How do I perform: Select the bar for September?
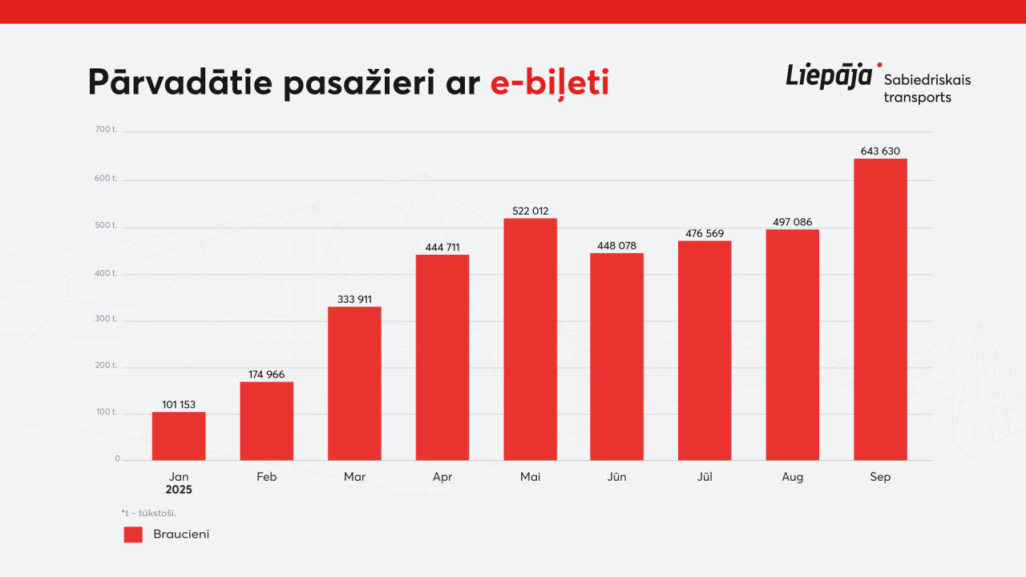[x=880, y=309]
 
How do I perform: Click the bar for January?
[x=179, y=436]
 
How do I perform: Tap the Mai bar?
[x=530, y=339]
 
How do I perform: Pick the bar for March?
[x=354, y=383]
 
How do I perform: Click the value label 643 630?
[x=880, y=151]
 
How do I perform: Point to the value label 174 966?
[x=267, y=374]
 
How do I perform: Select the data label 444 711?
[x=442, y=247]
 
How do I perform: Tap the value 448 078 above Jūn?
[x=616, y=245]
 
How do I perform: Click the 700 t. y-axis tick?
[x=106, y=129]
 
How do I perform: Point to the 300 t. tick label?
[x=106, y=318]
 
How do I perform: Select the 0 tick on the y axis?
[x=117, y=458]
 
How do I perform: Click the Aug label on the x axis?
[x=792, y=477]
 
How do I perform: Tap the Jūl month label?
[x=705, y=477]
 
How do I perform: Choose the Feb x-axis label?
[x=267, y=477]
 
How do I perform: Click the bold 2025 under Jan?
[x=179, y=490]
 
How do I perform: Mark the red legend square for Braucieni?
[x=133, y=535]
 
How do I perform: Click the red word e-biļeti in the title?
[x=550, y=83]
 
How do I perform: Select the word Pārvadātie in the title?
[x=180, y=83]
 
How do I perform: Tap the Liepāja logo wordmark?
[x=830, y=76]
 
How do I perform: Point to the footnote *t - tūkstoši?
[x=149, y=513]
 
